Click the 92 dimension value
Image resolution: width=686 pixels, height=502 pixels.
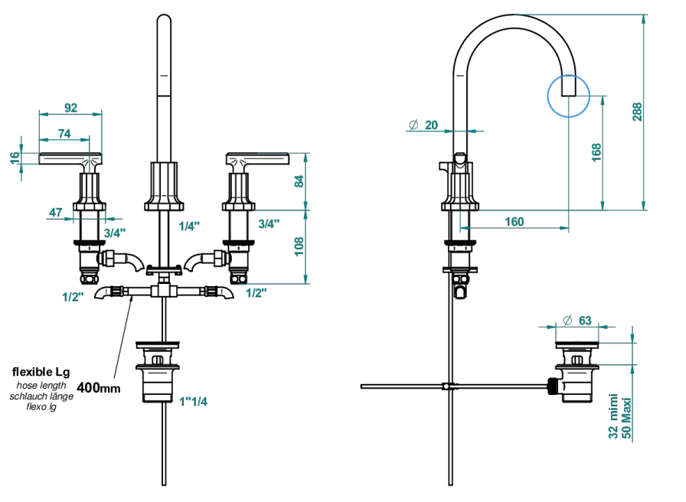click(x=71, y=108)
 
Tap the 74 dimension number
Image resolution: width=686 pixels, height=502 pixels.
click(x=64, y=133)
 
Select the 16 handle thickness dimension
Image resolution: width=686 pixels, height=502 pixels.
click(x=15, y=158)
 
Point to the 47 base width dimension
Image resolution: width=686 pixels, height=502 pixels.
click(x=56, y=213)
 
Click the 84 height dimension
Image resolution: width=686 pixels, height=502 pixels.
click(x=299, y=181)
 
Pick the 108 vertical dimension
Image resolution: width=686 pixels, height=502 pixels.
click(x=299, y=246)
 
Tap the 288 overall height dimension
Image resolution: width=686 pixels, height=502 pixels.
click(x=637, y=112)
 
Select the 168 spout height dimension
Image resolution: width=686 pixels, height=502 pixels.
click(x=596, y=152)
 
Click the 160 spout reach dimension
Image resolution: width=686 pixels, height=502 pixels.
click(x=514, y=222)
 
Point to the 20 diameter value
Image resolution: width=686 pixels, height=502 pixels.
click(x=431, y=125)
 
